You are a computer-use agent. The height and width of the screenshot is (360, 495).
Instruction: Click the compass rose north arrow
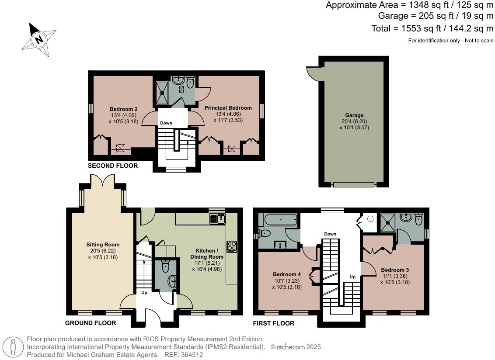pos(38,40)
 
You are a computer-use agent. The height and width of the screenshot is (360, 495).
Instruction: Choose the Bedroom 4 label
pos(285,274)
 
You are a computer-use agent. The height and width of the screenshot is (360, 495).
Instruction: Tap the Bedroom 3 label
pos(395,270)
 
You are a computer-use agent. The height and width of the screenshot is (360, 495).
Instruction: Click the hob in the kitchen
pos(231,247)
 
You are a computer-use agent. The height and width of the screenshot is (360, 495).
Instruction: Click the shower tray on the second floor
pos(163,93)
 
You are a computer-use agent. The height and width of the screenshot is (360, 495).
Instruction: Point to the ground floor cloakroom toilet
pos(166,267)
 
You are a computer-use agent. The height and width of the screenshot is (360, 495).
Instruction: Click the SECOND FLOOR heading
pos(113,166)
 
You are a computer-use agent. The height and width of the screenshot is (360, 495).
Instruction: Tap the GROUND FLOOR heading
pos(91,323)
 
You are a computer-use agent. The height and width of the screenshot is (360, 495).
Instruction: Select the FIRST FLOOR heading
pos(274,323)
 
